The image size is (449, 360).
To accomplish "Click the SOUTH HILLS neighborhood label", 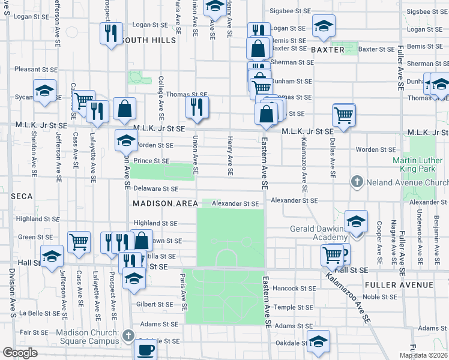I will (x=148, y=40).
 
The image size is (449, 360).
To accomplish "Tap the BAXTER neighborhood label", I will (x=328, y=50).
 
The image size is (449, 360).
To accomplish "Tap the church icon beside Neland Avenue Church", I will (x=357, y=181).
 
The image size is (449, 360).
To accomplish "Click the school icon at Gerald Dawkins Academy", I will (x=356, y=222).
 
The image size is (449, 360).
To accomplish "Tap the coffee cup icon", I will (x=145, y=349).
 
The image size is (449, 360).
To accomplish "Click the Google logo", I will (x=20, y=353).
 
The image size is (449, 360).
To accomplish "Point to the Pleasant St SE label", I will (x=35, y=69).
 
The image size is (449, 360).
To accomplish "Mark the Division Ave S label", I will (x=11, y=292).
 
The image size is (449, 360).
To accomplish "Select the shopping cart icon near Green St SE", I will (x=79, y=241).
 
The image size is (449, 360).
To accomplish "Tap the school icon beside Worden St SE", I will (x=126, y=141).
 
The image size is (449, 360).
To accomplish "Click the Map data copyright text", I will (x=424, y=356).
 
